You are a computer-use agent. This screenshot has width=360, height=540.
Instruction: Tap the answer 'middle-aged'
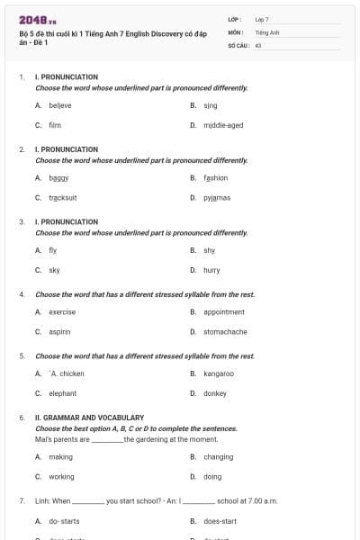222,125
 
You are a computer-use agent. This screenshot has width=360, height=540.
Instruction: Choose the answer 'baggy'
58,178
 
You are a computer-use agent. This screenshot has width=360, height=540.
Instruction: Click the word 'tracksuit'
62,197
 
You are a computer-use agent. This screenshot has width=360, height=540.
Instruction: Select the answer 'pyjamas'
217,197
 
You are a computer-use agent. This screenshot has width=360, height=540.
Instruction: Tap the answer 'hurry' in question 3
211,269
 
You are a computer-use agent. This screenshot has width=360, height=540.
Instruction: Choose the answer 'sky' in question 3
54,269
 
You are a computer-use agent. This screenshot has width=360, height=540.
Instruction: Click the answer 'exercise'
62,312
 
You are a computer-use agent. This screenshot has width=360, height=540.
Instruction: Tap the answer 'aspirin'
59,331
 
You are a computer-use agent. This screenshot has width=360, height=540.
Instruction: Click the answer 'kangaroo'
219,373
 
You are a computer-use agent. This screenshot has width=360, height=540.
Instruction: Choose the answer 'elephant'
62,393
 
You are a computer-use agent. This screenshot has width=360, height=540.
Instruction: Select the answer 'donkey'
215,393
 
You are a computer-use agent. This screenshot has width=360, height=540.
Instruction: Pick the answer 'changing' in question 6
218,457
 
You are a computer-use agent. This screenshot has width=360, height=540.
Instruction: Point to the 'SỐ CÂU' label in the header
238,44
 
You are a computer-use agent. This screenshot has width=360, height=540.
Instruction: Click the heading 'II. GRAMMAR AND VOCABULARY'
90,418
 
